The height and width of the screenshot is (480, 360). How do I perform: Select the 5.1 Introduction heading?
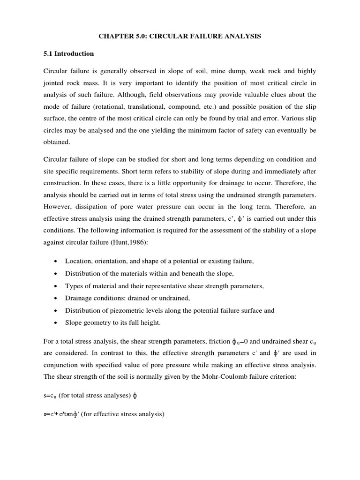(68, 53)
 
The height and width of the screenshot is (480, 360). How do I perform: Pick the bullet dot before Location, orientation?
(56, 262)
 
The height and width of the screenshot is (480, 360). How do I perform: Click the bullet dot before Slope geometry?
(56, 323)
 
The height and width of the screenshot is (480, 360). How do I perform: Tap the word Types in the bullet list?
(74, 286)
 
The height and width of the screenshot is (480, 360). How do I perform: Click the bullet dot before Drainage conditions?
(56, 298)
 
